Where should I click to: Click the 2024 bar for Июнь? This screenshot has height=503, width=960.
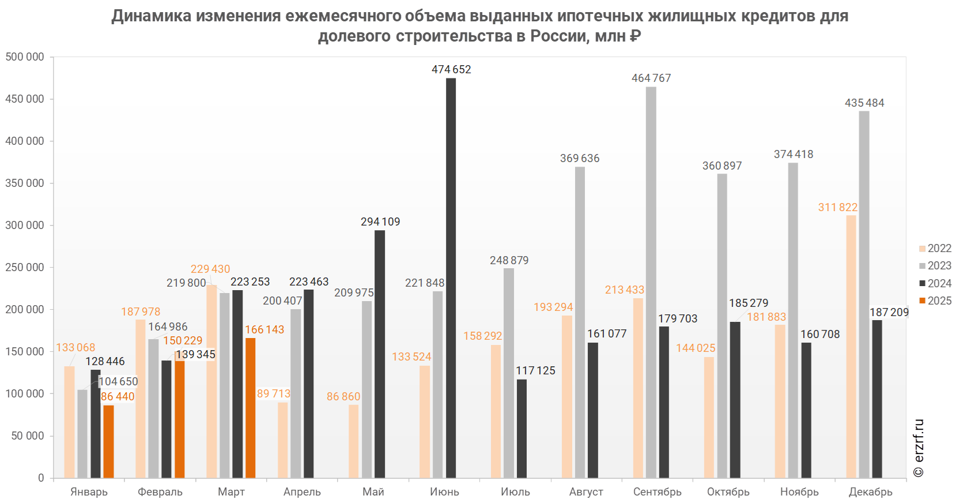[x=451, y=277]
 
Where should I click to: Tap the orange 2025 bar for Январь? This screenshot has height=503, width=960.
[x=108, y=441]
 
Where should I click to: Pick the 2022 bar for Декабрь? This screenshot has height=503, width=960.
[x=851, y=346]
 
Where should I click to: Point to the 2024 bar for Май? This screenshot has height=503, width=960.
[x=380, y=354]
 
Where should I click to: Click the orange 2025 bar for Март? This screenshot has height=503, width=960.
[x=250, y=407]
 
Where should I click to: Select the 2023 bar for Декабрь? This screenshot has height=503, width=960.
[x=864, y=294]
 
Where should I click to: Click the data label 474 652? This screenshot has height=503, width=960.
[x=451, y=70]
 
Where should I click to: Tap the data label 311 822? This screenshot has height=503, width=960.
[x=838, y=208]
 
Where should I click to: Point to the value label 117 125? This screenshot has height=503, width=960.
[x=535, y=371]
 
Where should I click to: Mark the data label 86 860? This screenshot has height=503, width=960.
[x=343, y=397]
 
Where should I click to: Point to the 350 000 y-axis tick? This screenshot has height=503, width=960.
[x=25, y=183]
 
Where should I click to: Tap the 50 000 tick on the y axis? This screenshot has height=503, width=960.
[x=28, y=436]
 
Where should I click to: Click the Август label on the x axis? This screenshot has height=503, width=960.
[x=587, y=492]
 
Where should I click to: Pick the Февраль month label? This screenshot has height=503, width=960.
[x=160, y=492]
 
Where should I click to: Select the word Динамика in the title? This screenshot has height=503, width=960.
[x=152, y=16]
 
